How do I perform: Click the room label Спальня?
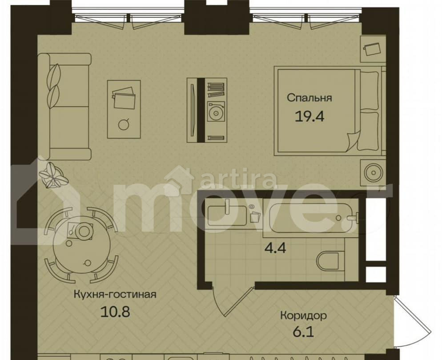(x=309, y=98)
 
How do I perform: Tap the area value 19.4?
(x=309, y=116)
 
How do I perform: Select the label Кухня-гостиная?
(x=115, y=294)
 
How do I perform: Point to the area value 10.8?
(x=115, y=312)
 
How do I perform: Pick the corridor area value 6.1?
(x=303, y=332)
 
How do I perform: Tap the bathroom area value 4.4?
(x=275, y=248)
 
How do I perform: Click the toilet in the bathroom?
(x=328, y=261)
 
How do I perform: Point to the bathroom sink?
(x=227, y=216)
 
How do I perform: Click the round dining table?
(x=82, y=245)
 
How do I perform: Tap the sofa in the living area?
(x=64, y=107)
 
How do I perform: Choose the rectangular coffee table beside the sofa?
(x=124, y=109)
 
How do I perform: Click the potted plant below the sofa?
(x=53, y=175)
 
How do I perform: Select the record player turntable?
(x=216, y=112)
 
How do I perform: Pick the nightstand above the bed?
(x=373, y=49)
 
